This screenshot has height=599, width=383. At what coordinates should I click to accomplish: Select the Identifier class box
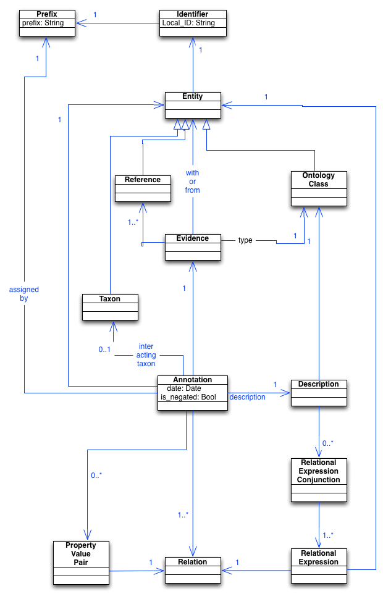[192, 25]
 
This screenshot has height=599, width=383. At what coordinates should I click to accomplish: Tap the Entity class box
[192, 106]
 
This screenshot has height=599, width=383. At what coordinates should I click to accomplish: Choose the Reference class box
[142, 192]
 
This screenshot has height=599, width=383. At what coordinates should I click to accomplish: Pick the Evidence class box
[192, 249]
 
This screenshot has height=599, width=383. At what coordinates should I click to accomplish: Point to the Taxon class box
[110, 309]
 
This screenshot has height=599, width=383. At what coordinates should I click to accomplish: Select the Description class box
[318, 394]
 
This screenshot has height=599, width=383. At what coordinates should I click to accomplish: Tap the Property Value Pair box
[81, 563]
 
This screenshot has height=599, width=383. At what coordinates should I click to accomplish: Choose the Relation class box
[192, 571]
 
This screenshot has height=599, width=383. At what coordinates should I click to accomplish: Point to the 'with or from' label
[193, 182]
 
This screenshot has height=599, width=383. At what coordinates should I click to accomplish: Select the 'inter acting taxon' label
[146, 355]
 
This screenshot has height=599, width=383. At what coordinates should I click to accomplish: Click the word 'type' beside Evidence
[245, 240]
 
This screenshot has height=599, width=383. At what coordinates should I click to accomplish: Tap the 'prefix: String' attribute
[43, 23]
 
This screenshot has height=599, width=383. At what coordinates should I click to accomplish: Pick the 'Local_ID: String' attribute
[188, 23]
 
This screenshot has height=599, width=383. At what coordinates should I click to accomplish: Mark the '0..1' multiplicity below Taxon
[104, 350]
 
